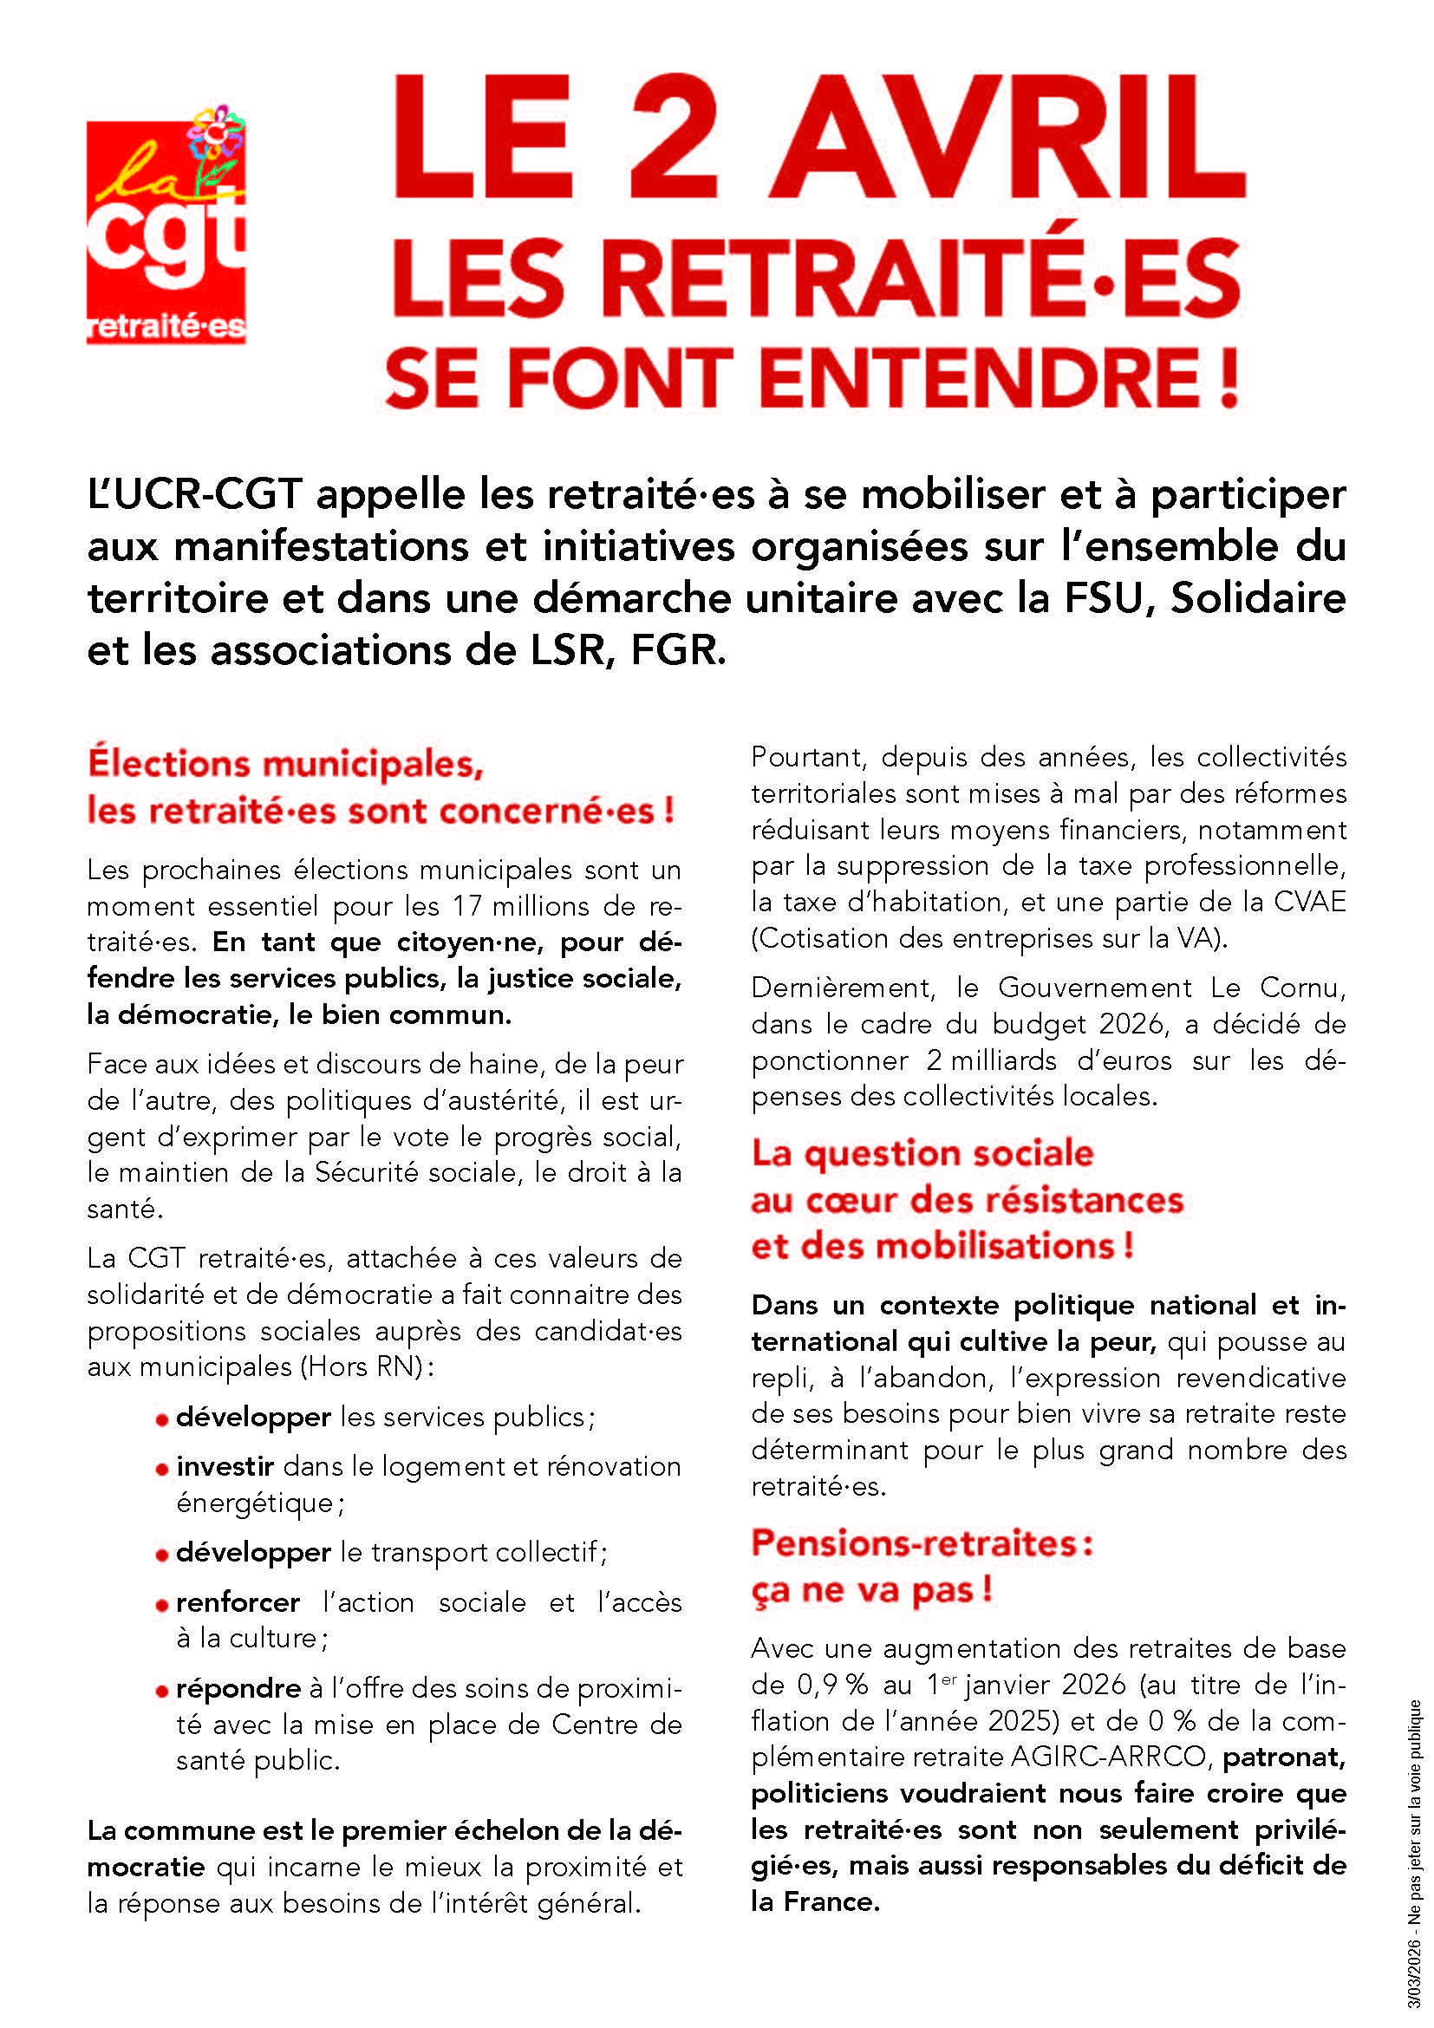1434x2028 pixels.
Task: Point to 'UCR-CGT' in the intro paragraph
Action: click(195, 494)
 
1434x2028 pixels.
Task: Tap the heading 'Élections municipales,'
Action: click(285, 764)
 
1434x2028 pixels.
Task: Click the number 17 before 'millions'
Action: click(467, 906)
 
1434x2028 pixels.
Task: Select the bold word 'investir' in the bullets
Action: click(225, 1466)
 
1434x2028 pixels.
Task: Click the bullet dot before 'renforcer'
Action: click(161, 1605)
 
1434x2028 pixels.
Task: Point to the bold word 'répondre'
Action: click(238, 1689)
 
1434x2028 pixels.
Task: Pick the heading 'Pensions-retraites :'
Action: click(922, 1543)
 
